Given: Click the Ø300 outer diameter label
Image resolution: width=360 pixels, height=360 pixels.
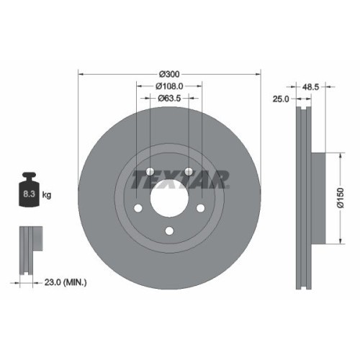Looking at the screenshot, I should tap(168, 74).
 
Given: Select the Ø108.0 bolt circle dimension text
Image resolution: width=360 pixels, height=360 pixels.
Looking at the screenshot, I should tap(169, 86).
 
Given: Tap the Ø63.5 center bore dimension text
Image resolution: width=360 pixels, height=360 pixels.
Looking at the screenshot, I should tap(169, 97).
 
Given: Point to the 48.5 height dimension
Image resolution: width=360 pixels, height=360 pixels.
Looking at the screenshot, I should tap(312, 86).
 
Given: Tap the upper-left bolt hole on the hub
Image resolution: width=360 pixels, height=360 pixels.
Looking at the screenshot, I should tap(150, 172).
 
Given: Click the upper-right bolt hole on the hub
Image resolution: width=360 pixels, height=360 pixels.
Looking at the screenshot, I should tap(189, 172).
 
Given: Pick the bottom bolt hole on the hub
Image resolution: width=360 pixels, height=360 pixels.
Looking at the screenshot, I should tap(169, 230).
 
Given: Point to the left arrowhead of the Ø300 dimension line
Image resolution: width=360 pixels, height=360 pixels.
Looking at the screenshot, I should tap(80, 74).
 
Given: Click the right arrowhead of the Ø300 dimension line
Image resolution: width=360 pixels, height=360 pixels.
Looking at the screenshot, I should tap(258, 74).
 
